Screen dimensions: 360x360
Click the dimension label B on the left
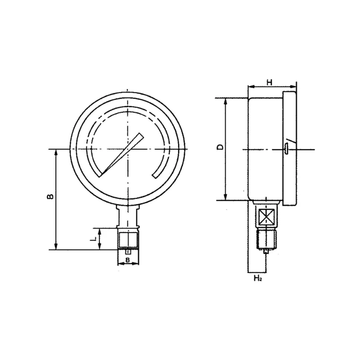(x=50, y=197)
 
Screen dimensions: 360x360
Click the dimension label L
(x=93, y=239)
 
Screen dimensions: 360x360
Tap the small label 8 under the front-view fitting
(x=128, y=260)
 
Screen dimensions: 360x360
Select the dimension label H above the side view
(x=270, y=82)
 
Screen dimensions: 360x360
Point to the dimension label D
(x=220, y=147)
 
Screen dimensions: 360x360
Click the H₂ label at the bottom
(x=258, y=279)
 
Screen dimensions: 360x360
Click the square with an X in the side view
(x=266, y=216)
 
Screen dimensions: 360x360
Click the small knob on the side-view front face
(x=286, y=148)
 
